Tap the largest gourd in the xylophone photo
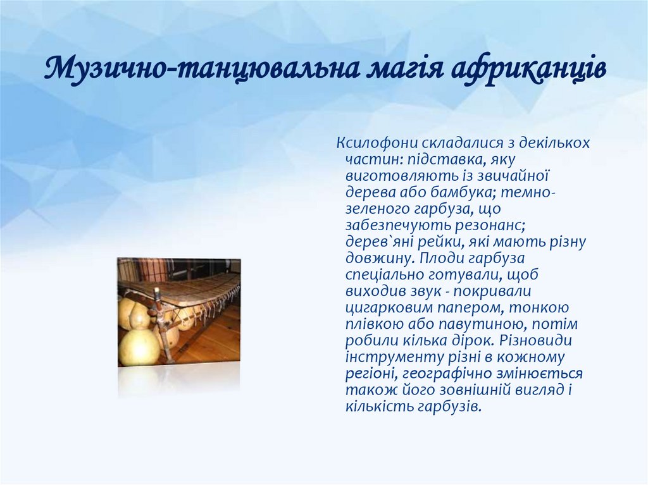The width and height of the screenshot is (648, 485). pos(139,347)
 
